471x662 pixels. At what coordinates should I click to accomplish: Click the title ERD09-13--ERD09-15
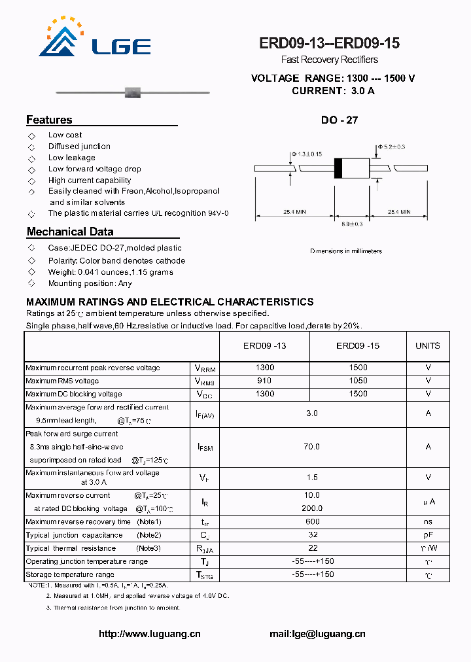click(x=329, y=44)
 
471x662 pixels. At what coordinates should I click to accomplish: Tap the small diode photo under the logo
click(x=134, y=92)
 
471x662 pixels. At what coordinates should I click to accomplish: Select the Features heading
click(x=49, y=120)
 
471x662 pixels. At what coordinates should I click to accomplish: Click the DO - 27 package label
click(x=339, y=120)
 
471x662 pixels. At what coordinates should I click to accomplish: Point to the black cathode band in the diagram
click(x=338, y=168)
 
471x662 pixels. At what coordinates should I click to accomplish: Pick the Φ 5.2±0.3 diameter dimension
click(x=391, y=147)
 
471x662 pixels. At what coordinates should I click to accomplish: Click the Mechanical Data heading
click(x=70, y=232)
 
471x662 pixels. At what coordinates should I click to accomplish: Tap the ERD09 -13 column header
click(x=264, y=346)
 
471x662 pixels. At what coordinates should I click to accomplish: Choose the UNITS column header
click(x=428, y=346)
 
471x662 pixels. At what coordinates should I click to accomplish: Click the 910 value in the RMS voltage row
click(x=264, y=381)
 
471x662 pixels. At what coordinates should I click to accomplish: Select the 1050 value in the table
click(x=358, y=381)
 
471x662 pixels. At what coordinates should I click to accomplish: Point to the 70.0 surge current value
click(x=312, y=446)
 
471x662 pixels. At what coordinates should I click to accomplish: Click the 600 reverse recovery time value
click(x=312, y=521)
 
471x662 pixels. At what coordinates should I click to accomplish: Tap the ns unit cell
click(x=428, y=521)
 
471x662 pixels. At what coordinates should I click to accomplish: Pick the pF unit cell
click(x=428, y=534)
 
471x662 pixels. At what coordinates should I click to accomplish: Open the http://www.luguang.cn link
click(x=149, y=633)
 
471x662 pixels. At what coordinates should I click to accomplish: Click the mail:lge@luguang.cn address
click(x=317, y=633)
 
